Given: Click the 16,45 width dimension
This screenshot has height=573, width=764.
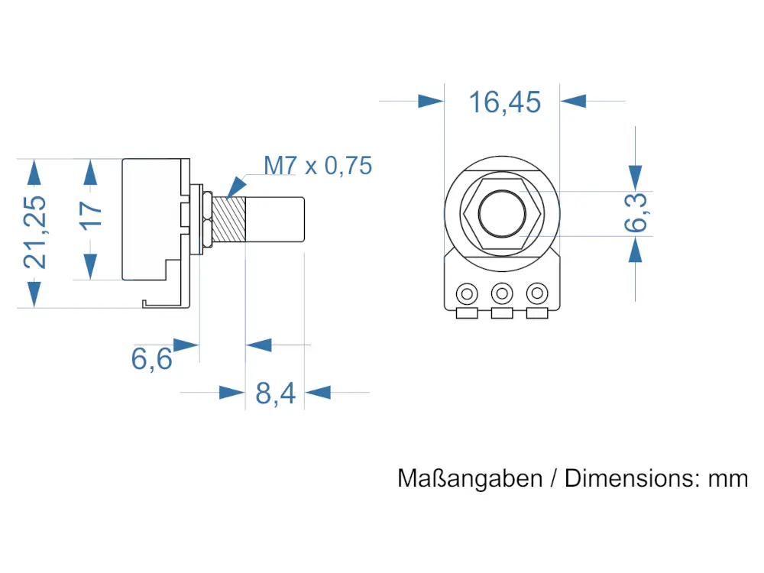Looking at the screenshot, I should click(504, 102).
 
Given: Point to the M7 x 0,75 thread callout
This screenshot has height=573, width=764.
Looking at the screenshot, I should click(318, 165).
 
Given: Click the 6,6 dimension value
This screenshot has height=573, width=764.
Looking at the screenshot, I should click(152, 358).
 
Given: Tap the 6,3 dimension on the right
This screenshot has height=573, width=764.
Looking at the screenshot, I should click(636, 212).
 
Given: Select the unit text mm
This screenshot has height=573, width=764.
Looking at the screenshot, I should click(728, 479).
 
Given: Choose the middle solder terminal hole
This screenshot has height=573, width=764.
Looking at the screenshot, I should click(502, 293).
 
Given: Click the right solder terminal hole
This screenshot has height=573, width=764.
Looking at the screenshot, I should click(538, 293).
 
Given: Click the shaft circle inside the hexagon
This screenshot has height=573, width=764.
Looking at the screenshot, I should click(502, 213).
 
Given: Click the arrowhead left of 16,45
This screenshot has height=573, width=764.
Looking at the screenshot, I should click(430, 101).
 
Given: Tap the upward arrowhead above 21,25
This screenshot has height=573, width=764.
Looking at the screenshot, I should click(33, 172).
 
